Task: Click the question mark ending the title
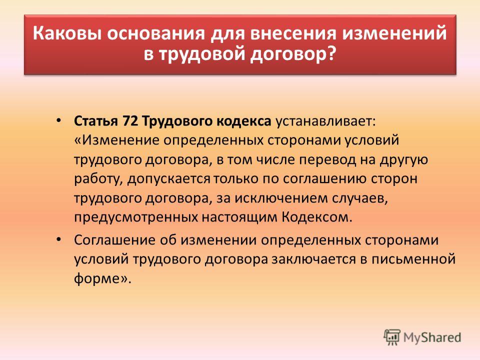pyautogui.click(x=330, y=54)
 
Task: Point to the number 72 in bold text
pyautogui.click(x=129, y=121)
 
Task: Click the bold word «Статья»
pyautogui.click(x=96, y=121)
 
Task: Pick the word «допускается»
pyautogui.click(x=169, y=179)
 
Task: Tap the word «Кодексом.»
pyautogui.click(x=317, y=217)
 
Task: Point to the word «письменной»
pyautogui.click(x=413, y=259)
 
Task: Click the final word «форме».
pyautogui.click(x=96, y=278)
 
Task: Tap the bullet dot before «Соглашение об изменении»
pyautogui.click(x=58, y=238)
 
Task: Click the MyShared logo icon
pyautogui.click(x=392, y=337)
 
